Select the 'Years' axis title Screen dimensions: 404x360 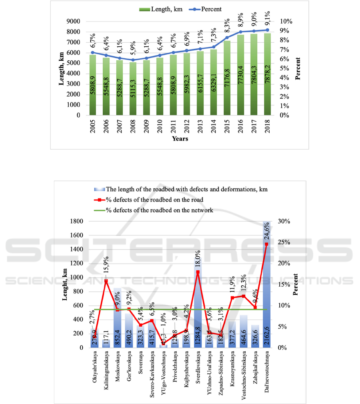tap(180, 139)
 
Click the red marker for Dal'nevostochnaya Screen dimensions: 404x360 tap(267, 244)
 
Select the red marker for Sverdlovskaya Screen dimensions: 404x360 tap(197, 272)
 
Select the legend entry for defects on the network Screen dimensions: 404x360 tap(160, 210)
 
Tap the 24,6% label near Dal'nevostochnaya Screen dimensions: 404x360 tap(267, 232)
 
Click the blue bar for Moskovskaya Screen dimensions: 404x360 tap(117, 317)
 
